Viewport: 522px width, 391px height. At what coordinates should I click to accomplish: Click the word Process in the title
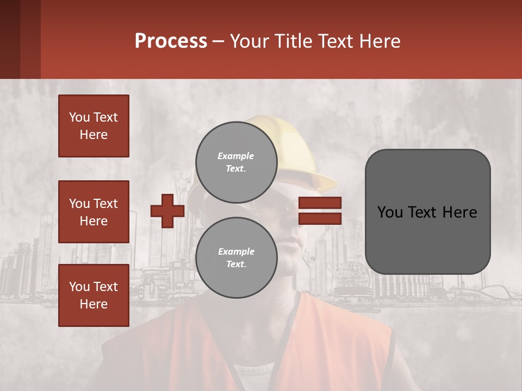pos(171,41)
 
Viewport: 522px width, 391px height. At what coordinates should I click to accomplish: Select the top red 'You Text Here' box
pos(94,126)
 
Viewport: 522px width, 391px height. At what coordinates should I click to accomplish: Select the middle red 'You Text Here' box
pos(94,212)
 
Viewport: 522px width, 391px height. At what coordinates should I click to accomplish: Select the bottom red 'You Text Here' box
pos(94,295)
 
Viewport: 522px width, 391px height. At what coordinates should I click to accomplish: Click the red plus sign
pos(167,211)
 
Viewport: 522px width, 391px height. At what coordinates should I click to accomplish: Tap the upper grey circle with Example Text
pos(236,162)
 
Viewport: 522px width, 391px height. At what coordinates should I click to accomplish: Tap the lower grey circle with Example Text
pos(236,258)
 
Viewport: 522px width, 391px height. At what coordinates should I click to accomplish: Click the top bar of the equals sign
pos(320,203)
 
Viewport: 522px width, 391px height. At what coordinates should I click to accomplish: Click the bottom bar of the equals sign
pos(320,218)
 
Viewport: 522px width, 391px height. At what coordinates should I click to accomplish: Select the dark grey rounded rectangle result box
pos(427,239)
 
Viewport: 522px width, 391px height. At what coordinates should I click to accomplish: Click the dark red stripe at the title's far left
pos(10,39)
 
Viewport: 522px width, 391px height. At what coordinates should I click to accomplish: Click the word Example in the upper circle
pos(236,156)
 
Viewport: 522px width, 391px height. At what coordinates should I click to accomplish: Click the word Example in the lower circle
pos(236,251)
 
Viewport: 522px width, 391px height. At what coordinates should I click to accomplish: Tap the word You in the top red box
pos(79,117)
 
